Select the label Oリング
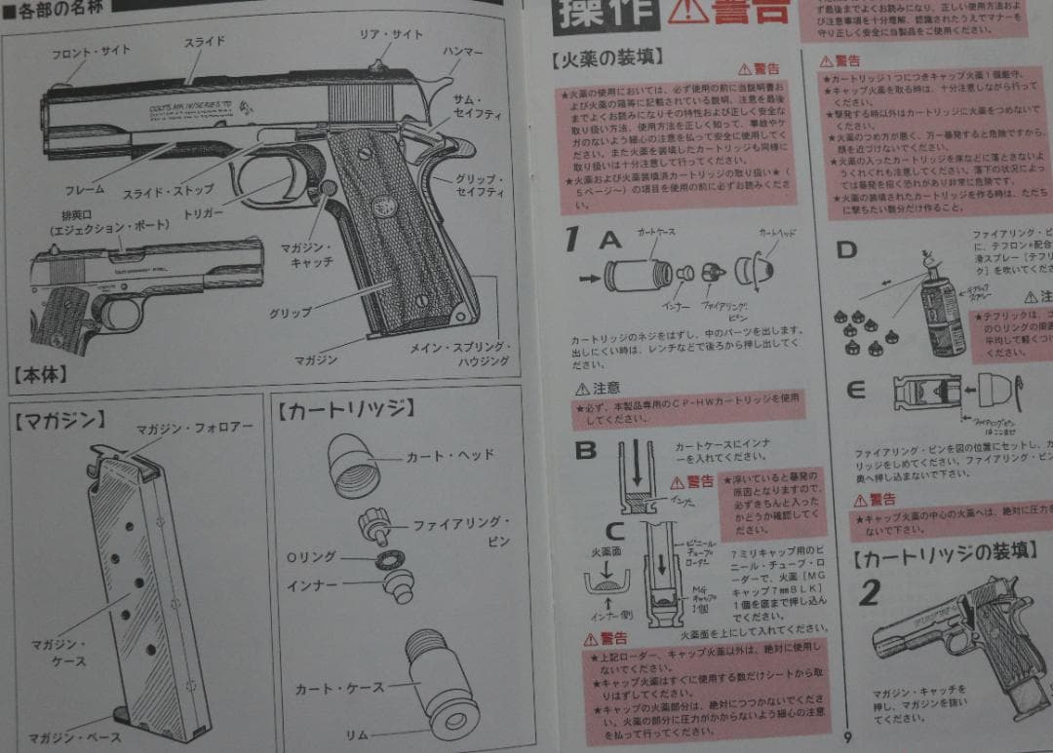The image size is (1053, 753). tap(311, 557)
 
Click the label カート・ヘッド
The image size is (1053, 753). tap(449, 455)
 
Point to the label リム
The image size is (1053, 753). tap(356, 733)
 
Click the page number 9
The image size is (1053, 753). tap(848, 737)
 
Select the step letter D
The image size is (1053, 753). tap(846, 249)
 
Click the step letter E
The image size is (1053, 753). tap(856, 391)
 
